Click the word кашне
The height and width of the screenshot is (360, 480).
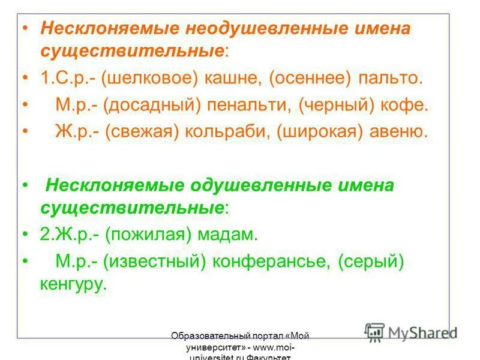[x=233, y=79]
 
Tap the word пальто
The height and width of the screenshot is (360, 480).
[x=391, y=79]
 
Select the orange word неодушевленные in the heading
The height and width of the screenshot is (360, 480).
[x=252, y=29]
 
